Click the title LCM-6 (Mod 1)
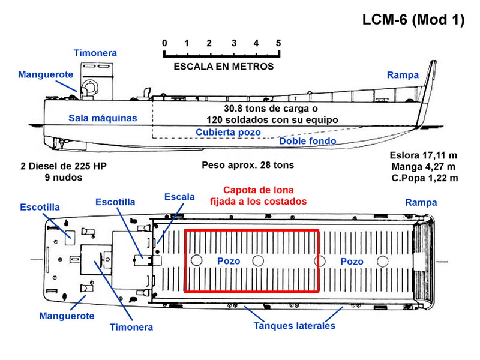[x=413, y=20]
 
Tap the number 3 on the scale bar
[x=234, y=43]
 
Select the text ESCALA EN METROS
[x=223, y=67]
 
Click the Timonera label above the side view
[x=95, y=53]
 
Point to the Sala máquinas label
[x=103, y=118]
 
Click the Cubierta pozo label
[x=228, y=132]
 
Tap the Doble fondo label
[x=308, y=141]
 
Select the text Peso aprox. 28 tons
[x=248, y=166]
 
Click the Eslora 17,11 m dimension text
[x=424, y=155]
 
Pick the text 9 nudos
[x=64, y=178]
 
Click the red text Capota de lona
[x=259, y=190]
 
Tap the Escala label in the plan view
[x=179, y=197]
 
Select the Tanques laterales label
[x=294, y=326]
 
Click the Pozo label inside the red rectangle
[x=229, y=261]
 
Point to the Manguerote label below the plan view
[x=67, y=316]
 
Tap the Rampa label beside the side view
[x=403, y=75]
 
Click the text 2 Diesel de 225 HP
[x=64, y=166]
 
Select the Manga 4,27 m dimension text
[x=424, y=167]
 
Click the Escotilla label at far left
[x=40, y=207]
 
